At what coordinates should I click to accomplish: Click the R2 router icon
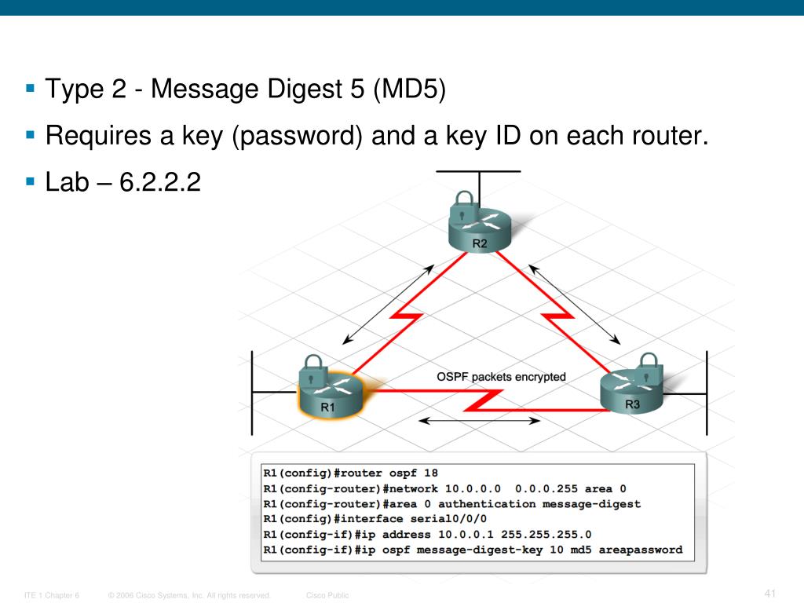pyautogui.click(x=479, y=231)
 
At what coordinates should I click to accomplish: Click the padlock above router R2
pyautogui.click(x=464, y=200)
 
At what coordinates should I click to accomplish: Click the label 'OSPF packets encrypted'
pyautogui.click(x=501, y=377)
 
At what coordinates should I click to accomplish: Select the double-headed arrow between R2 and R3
pyautogui.click(x=574, y=304)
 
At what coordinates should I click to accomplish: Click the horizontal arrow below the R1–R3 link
pyautogui.click(x=478, y=421)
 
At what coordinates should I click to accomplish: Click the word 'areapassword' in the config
pyautogui.click(x=641, y=550)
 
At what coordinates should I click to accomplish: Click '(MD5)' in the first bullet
pyautogui.click(x=409, y=90)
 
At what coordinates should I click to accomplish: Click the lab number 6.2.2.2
pyautogui.click(x=161, y=184)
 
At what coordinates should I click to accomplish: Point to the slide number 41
pyautogui.click(x=769, y=593)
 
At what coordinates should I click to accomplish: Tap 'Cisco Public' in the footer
pyautogui.click(x=327, y=595)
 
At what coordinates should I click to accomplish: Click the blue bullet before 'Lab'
pyautogui.click(x=31, y=181)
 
